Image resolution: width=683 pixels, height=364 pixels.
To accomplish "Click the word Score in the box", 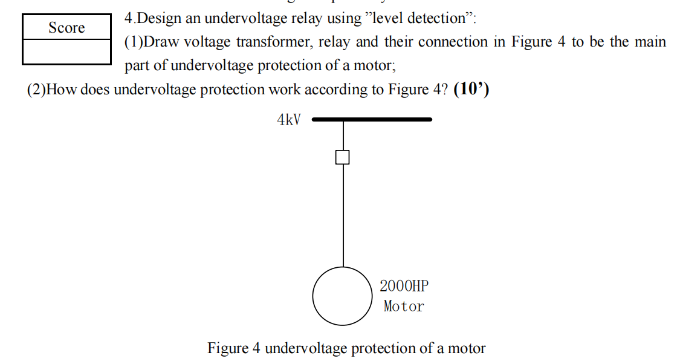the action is [66, 28].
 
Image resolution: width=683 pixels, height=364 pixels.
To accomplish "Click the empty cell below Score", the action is [66, 52].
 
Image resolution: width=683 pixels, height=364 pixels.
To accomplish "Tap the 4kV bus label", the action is [288, 120].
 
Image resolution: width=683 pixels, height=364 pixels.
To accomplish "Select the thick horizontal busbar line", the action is [372, 120].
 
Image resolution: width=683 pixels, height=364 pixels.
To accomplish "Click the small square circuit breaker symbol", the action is [343, 157].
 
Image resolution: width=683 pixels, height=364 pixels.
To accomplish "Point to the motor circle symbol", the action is [343, 296].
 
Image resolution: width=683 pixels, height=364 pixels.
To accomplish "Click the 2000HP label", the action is [404, 285].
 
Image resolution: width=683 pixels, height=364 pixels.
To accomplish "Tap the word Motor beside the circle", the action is [404, 307].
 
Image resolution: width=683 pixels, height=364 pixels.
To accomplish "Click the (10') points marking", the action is [471, 89].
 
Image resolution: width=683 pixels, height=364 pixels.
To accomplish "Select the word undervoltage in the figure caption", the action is [306, 348].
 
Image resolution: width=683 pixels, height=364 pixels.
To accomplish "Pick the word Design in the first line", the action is [159, 18].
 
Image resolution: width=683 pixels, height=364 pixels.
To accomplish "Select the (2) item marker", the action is [36, 90].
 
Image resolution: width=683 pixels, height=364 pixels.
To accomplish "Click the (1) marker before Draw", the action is [134, 42].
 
